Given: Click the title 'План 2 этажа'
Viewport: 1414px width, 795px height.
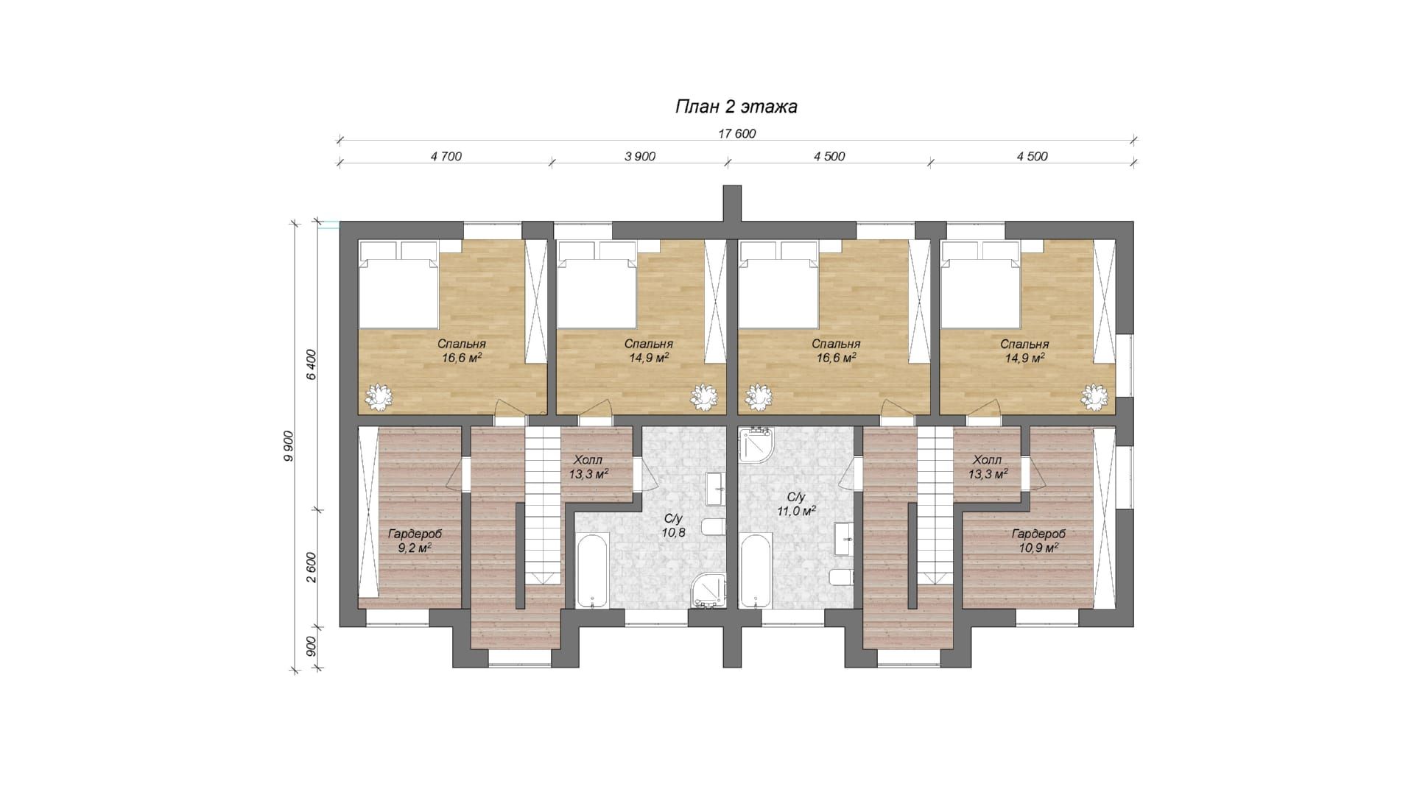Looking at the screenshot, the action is coord(736,107).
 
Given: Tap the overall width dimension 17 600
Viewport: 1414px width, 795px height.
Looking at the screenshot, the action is coord(736,134).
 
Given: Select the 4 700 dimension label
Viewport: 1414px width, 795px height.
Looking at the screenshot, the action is coord(446,156).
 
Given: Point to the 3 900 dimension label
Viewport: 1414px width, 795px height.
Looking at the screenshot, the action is coord(639,156).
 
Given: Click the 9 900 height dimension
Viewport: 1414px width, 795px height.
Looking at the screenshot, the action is coord(289,446).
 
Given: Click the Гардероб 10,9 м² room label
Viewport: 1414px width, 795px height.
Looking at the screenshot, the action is coord(1038,540).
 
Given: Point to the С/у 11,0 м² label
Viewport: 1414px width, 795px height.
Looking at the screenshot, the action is coord(796,504).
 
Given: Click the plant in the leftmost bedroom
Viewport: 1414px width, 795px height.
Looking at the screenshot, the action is coord(380,397).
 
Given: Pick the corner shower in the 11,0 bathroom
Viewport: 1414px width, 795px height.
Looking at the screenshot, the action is coord(753,445).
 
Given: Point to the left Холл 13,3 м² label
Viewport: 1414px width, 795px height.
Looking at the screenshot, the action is coord(589,467).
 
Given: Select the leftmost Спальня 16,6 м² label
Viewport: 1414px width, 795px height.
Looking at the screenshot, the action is coord(462,350).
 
